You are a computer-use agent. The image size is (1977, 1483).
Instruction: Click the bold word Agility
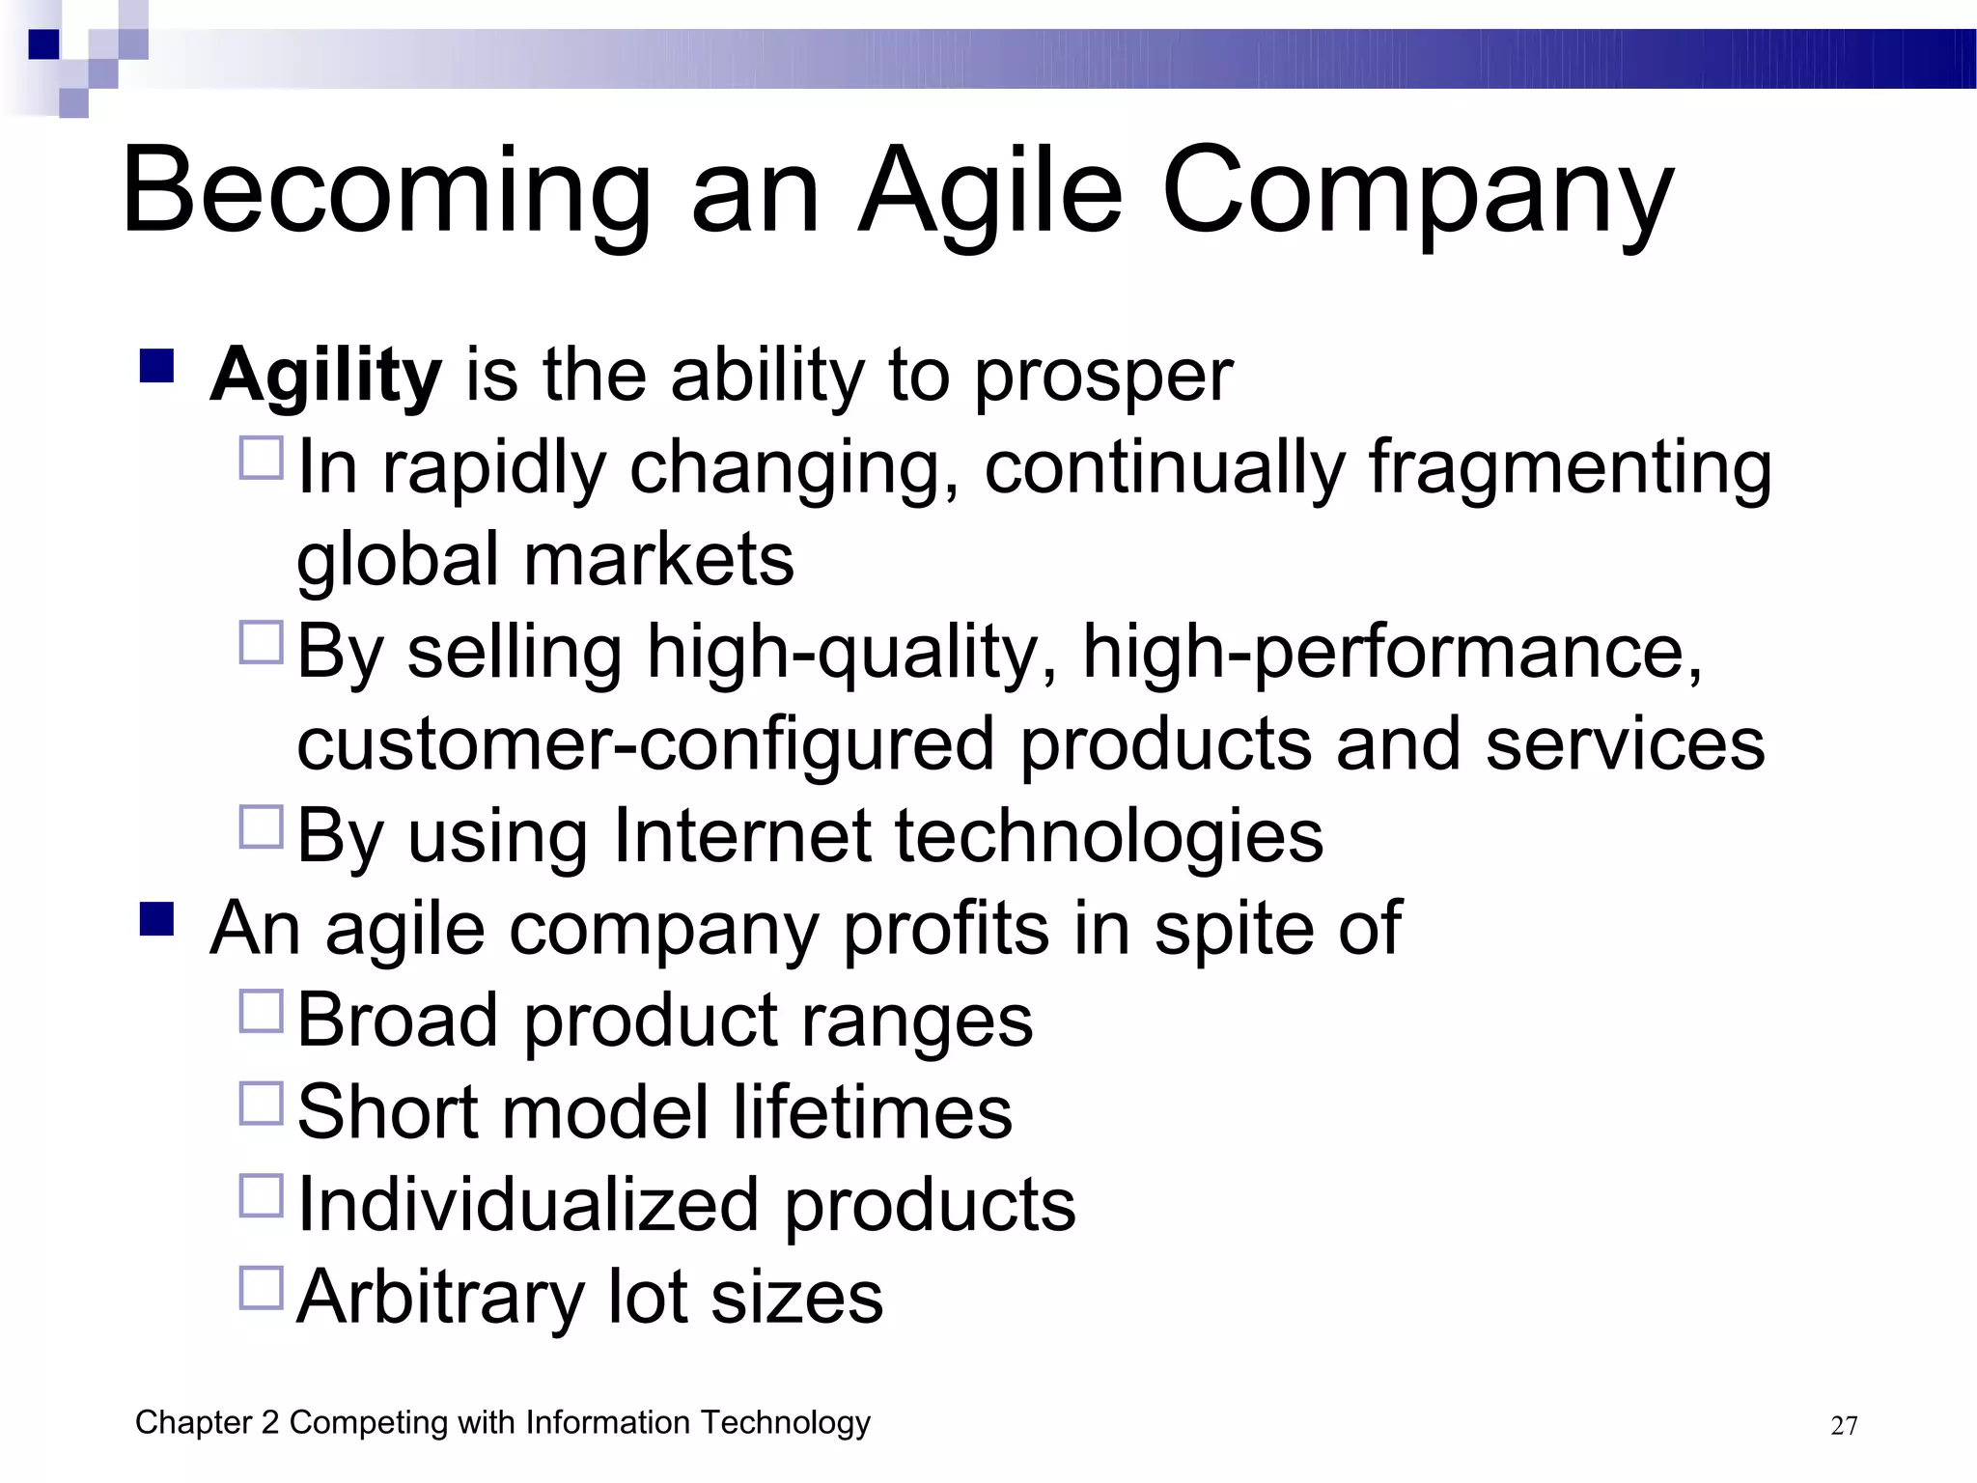pyautogui.click(x=325, y=376)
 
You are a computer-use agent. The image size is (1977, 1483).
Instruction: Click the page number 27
pyautogui.click(x=1843, y=1426)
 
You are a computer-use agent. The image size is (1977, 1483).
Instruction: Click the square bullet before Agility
pyautogui.click(x=156, y=367)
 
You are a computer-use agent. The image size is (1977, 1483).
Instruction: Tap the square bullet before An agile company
pyautogui.click(x=156, y=919)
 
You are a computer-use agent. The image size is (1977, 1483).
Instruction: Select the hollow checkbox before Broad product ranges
pyautogui.click(x=261, y=1011)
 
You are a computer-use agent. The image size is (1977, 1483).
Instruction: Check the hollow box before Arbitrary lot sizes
pyautogui.click(x=261, y=1287)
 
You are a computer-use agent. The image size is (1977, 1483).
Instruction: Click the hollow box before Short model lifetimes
pyautogui.click(x=261, y=1103)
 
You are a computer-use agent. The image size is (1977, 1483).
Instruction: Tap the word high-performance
pyautogui.click(x=1392, y=652)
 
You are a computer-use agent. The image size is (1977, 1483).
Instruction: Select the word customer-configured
pyautogui.click(x=645, y=744)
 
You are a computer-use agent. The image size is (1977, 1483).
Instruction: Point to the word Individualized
pyautogui.click(x=528, y=1205)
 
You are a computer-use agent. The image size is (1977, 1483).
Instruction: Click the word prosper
pyautogui.click(x=1102, y=376)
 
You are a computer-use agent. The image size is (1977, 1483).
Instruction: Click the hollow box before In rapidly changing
pyautogui.click(x=261, y=458)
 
